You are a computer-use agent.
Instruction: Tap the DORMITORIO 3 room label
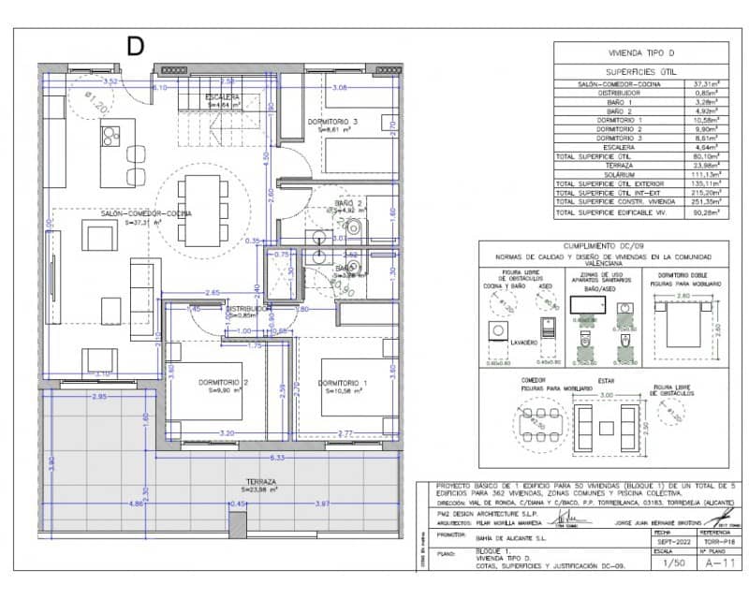(x=333, y=122)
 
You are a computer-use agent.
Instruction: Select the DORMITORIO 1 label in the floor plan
(x=343, y=384)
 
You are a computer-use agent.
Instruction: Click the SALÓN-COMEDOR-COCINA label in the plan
(x=146, y=213)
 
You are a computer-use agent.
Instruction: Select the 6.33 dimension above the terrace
(x=276, y=458)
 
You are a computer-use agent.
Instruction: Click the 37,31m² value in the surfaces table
(x=703, y=83)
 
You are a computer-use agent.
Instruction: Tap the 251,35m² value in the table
(x=703, y=201)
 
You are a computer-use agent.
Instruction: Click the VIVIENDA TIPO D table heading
(x=643, y=54)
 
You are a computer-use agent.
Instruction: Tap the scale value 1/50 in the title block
(x=673, y=564)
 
